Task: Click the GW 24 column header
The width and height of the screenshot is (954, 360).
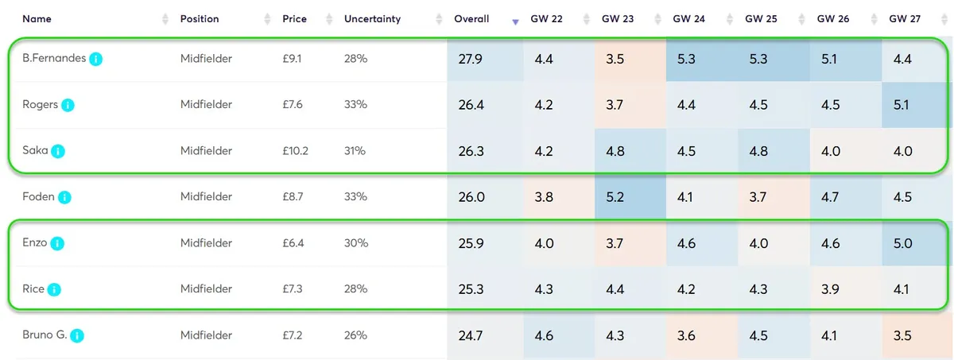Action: tap(688, 18)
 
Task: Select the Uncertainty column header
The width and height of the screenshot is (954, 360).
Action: tap(372, 18)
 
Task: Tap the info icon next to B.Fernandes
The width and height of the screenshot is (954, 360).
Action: tap(96, 59)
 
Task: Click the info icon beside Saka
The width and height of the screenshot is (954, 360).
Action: tap(58, 151)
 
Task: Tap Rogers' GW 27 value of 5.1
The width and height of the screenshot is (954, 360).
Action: tap(902, 105)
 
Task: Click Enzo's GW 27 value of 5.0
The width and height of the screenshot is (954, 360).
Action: tap(902, 243)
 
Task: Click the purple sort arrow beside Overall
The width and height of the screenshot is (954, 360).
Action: tap(515, 21)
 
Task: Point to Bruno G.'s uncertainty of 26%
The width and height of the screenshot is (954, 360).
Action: tap(355, 335)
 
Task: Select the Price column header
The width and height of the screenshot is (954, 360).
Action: tap(295, 18)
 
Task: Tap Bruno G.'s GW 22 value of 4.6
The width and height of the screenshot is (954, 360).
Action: tap(545, 335)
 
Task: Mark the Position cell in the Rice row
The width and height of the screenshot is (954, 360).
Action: tap(206, 289)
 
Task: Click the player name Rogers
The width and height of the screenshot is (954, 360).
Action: tap(40, 105)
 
